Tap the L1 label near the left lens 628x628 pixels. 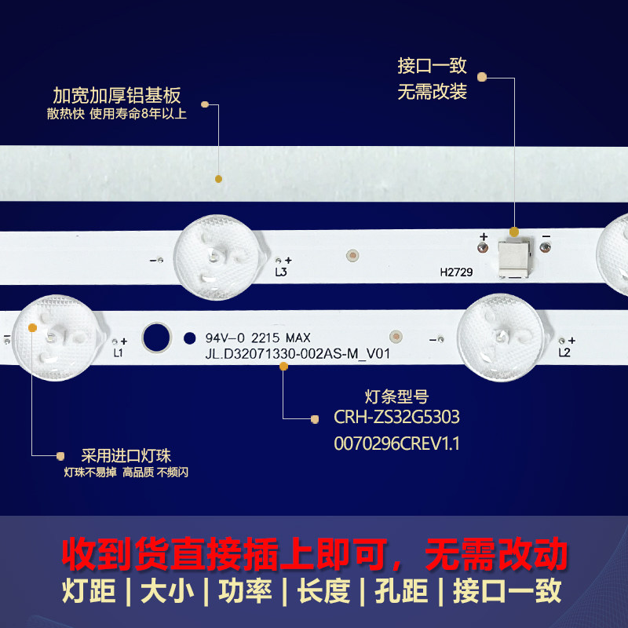(x=119, y=353)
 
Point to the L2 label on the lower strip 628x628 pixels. (x=564, y=353)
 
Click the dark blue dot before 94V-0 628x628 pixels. (x=188, y=338)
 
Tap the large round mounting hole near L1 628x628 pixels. (x=156, y=338)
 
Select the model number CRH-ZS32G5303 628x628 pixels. (x=396, y=417)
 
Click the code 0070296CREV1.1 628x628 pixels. (x=396, y=444)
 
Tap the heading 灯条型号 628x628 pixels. (x=397, y=396)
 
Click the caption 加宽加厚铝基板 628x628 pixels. (x=117, y=96)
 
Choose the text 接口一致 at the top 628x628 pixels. (x=433, y=66)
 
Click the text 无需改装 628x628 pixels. (x=433, y=92)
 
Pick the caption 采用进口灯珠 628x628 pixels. (x=126, y=455)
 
